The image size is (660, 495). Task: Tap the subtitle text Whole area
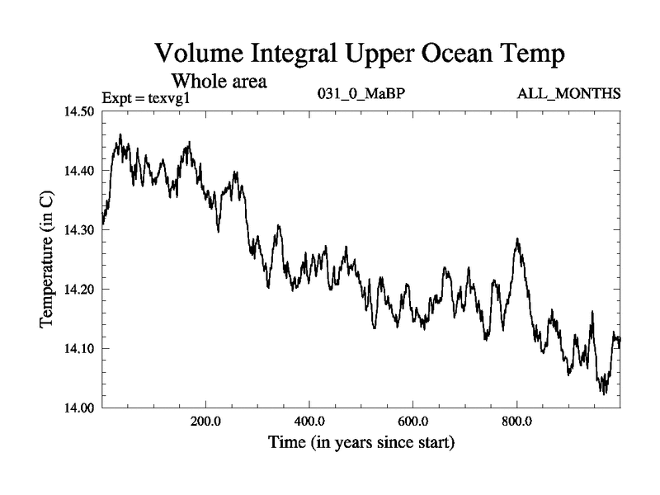click(218, 82)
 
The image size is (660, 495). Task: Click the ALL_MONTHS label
click(568, 93)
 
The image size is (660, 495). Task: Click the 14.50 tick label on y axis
click(80, 112)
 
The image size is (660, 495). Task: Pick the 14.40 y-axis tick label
click(80, 172)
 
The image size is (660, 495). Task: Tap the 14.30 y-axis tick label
click(80, 231)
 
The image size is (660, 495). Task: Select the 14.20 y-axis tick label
click(80, 290)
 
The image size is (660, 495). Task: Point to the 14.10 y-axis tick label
click(80, 349)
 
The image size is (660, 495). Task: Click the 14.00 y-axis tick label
click(80, 408)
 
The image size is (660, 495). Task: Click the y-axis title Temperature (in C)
click(48, 260)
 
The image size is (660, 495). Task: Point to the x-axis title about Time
click(361, 444)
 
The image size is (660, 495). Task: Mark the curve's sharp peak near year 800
click(517, 240)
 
